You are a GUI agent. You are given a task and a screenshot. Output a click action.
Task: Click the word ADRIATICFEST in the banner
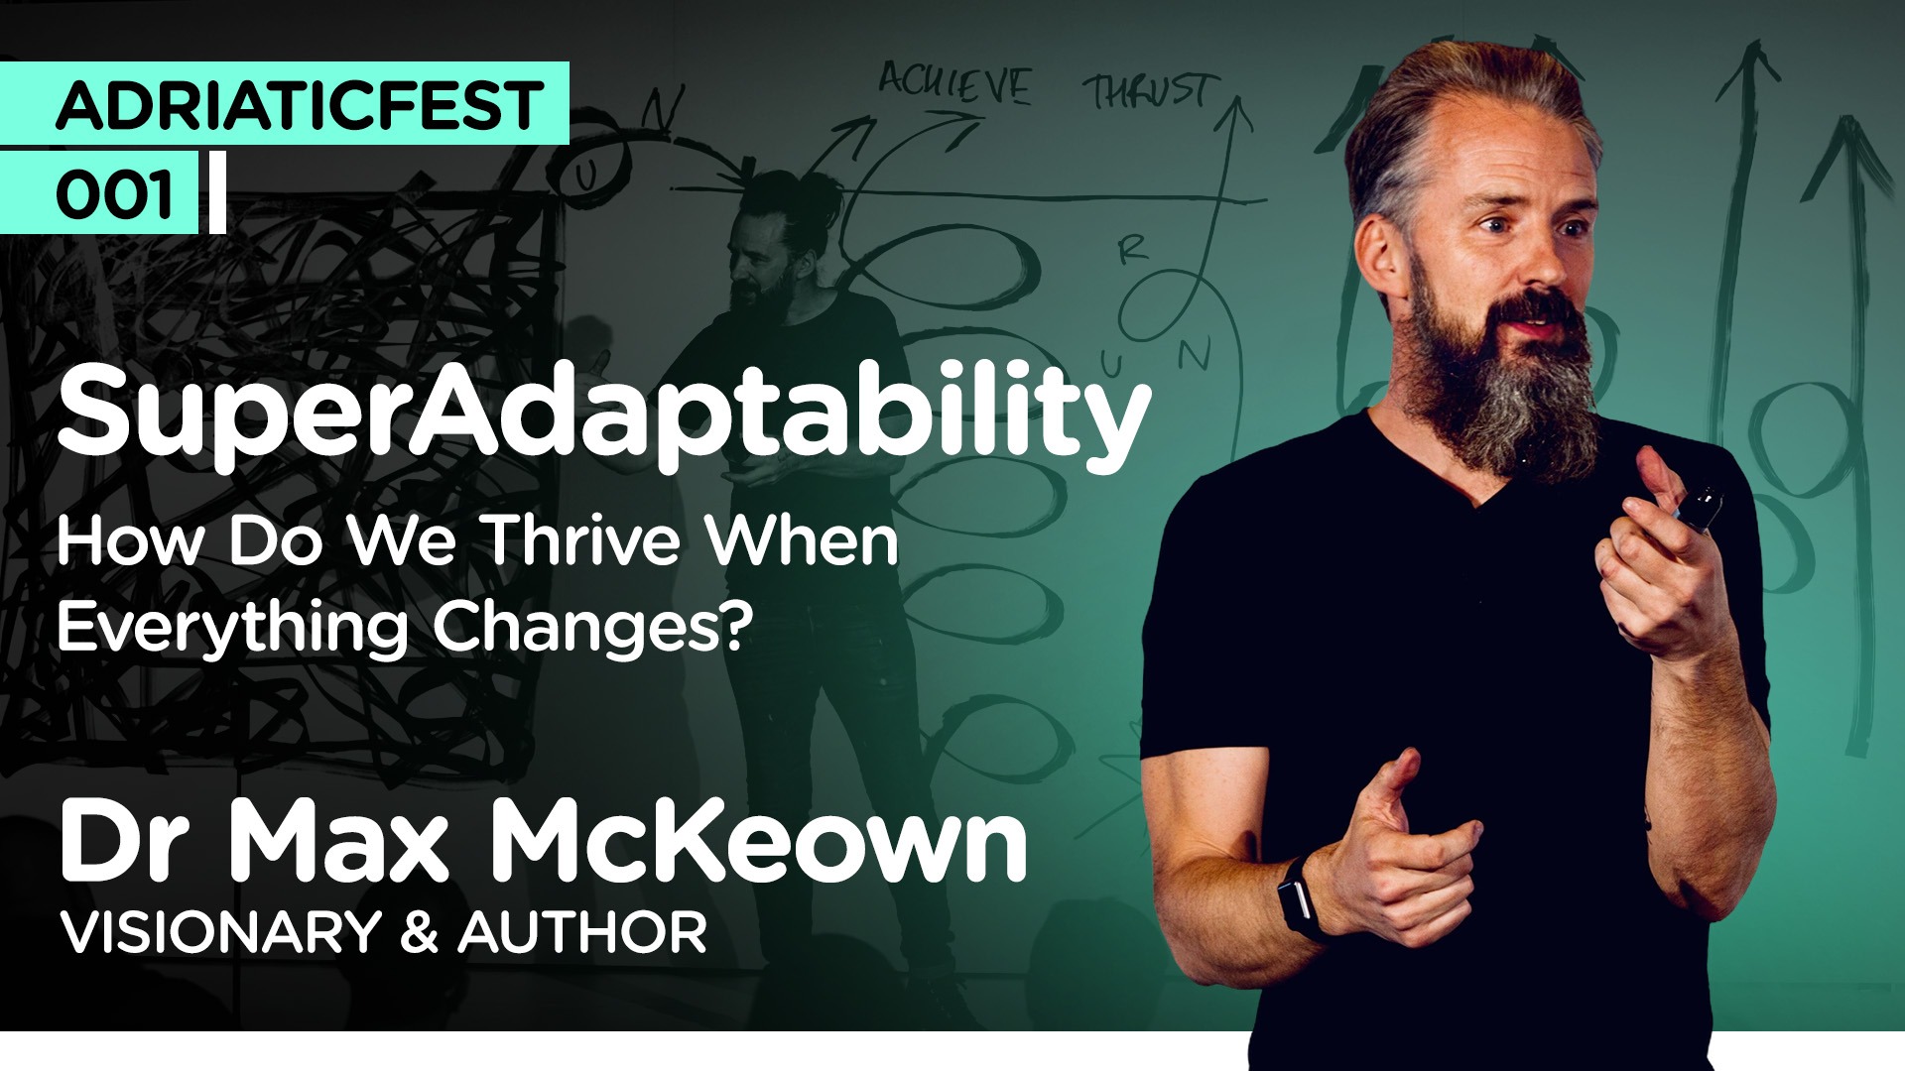click(300, 105)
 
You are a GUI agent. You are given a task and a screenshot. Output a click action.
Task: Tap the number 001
click(114, 194)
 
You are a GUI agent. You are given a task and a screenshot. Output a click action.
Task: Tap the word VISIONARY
click(220, 932)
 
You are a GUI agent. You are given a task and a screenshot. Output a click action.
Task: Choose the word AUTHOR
click(583, 932)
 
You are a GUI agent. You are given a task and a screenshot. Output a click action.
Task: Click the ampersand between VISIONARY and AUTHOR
click(419, 933)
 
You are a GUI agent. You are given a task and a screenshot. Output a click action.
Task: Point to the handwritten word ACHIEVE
click(954, 84)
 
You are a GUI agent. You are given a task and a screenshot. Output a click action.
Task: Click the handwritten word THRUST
click(1149, 92)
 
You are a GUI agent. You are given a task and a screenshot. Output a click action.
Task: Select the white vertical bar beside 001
click(218, 192)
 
